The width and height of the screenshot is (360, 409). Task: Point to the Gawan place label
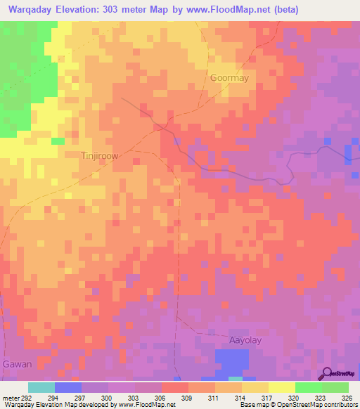(16, 364)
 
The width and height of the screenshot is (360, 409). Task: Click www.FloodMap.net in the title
(222, 10)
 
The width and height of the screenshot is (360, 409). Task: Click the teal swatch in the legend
(41, 387)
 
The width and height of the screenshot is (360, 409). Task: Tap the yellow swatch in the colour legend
(281, 387)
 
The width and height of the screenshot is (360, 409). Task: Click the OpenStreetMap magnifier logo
(326, 373)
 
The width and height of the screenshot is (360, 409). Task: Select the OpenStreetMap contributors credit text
(316, 405)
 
